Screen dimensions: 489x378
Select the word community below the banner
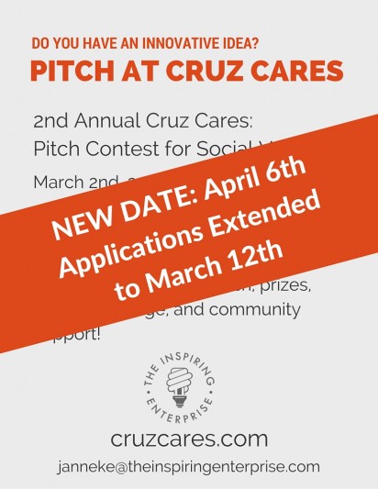252,309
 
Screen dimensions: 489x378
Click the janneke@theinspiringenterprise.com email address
188,466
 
